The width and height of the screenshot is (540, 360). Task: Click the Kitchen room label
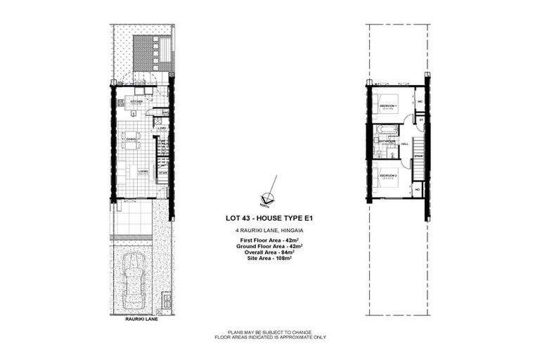pos(136,101)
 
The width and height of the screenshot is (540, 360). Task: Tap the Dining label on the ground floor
pos(131,139)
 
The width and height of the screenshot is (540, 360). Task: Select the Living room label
pos(143,171)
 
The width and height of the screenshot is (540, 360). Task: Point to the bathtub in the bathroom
pos(387,129)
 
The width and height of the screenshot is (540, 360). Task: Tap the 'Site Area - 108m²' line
pos(268,259)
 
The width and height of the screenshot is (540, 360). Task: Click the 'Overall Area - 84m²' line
pos(268,252)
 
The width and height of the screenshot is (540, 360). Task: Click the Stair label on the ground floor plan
pos(162,172)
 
